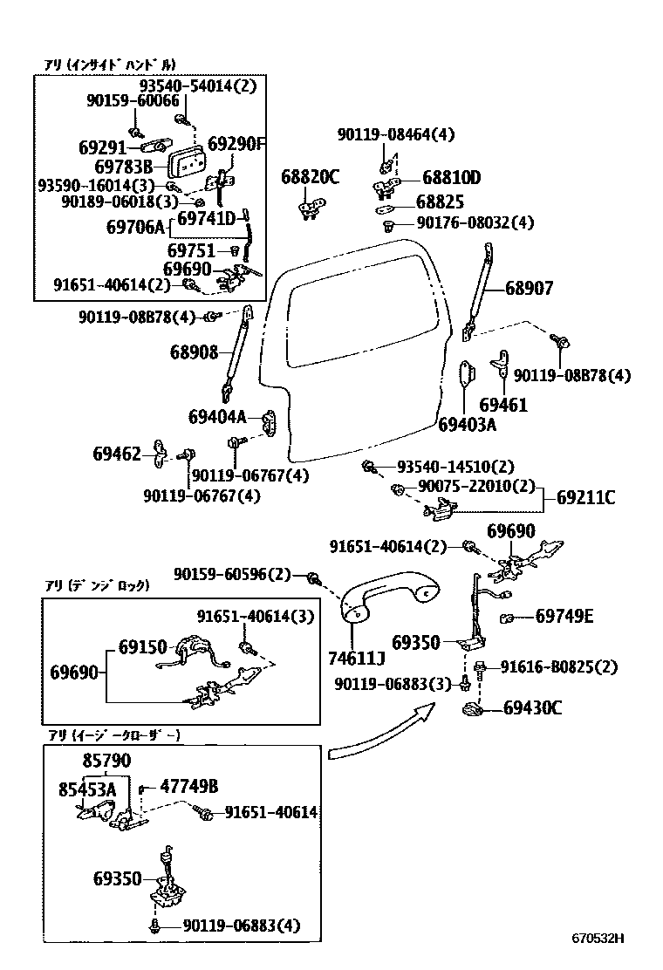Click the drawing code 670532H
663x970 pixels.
coord(598,939)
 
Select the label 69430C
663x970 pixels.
coord(532,707)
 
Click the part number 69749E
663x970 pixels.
coord(564,617)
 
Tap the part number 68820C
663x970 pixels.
coord(310,177)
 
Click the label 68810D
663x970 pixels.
coord(451,177)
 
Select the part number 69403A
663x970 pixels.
coord(467,425)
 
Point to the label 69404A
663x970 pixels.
coord(217,417)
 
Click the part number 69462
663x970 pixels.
coord(117,454)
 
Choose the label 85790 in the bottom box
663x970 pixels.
coord(106,761)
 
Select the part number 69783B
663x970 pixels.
coord(123,166)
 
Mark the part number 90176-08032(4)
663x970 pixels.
coord(475,223)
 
